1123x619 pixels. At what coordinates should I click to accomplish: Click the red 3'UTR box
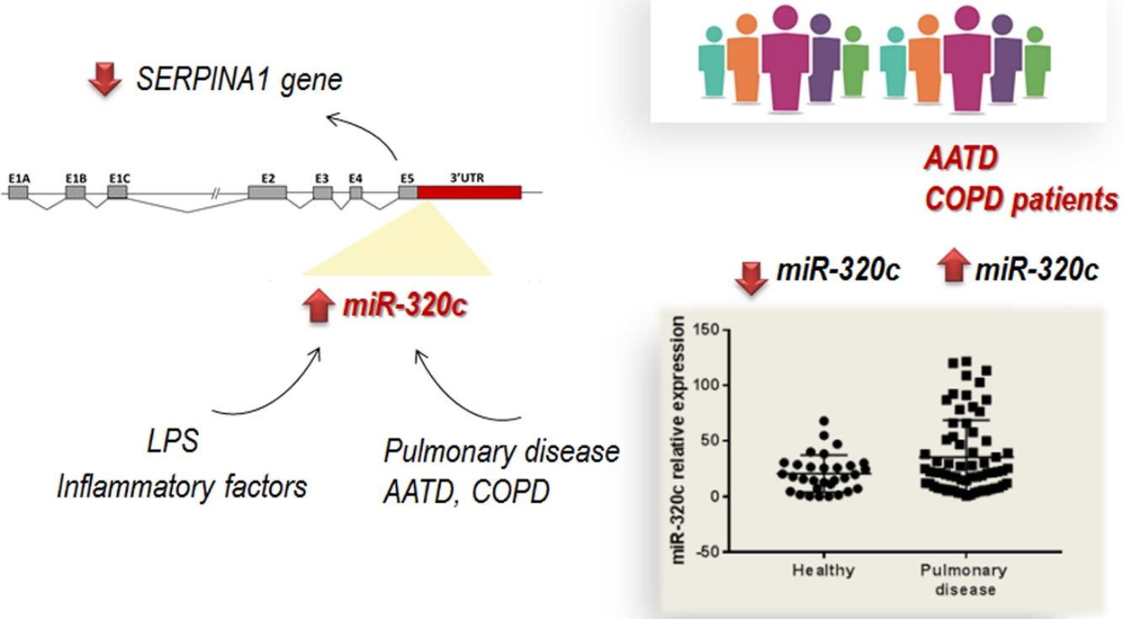pos(469,192)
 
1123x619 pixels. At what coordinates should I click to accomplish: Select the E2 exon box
pos(267,192)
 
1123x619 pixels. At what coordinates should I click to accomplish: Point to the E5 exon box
pos(408,192)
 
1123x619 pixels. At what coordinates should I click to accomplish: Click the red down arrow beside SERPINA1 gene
pos(105,81)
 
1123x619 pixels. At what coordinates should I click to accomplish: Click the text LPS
pos(172,440)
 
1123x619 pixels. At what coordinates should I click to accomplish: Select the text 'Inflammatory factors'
pos(181,486)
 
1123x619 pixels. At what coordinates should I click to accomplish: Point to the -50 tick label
pos(708,552)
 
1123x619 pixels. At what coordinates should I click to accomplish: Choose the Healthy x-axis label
pos(823,570)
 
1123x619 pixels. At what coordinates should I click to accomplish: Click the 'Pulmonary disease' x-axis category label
pos(963,579)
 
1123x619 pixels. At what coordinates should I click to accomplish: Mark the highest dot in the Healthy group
pos(824,421)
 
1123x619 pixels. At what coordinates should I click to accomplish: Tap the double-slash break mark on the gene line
pos(216,193)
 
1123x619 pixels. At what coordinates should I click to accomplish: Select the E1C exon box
pos(118,192)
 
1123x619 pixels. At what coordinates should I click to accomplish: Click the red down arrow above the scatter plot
pos(751,275)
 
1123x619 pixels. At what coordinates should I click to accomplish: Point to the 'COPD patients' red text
pos(1021,200)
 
